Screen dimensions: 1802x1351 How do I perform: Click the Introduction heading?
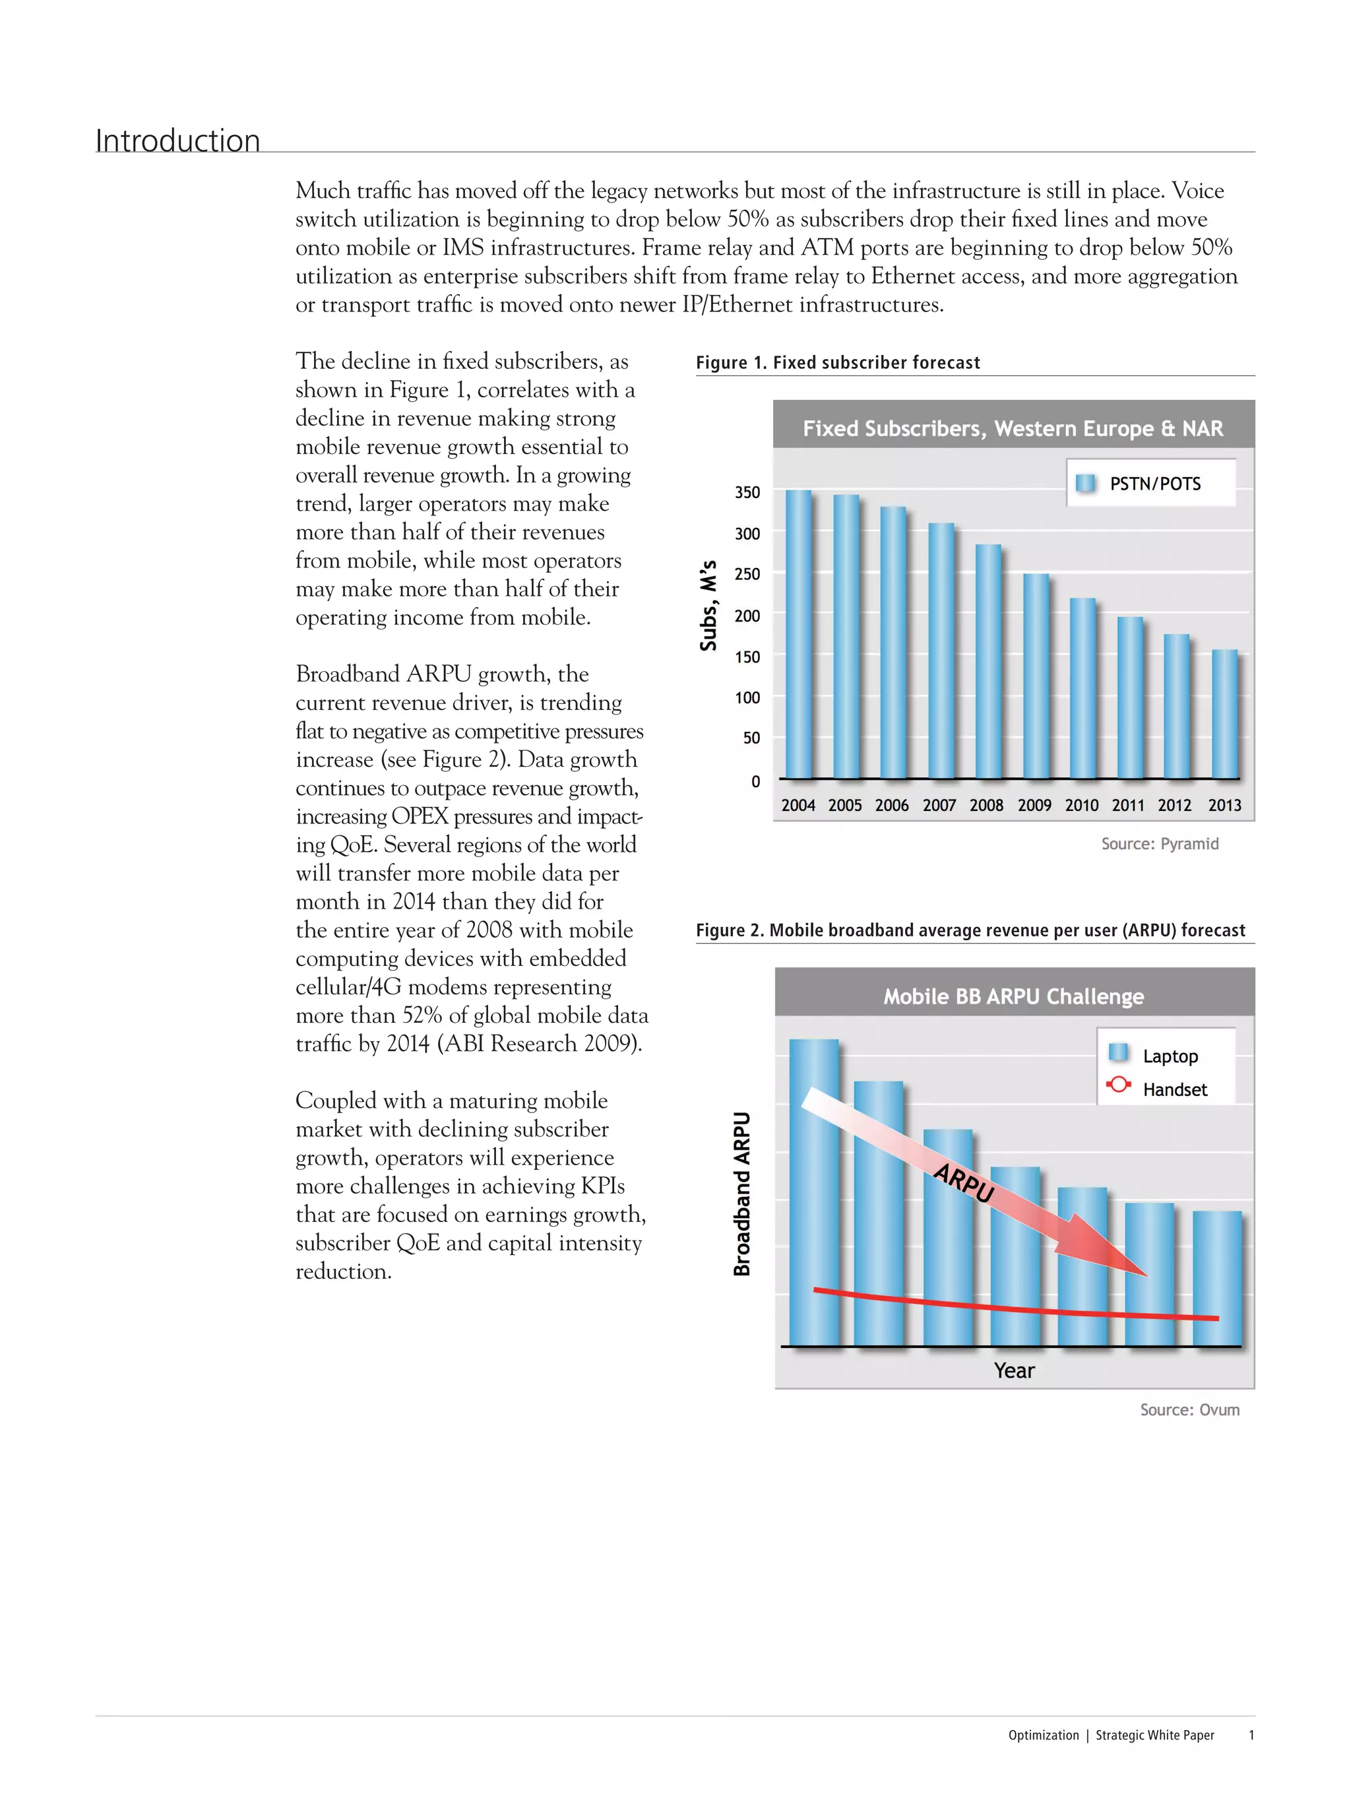(x=177, y=141)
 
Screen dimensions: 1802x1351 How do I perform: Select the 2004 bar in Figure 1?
(x=798, y=635)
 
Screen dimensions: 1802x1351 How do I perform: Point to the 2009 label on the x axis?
(x=1034, y=805)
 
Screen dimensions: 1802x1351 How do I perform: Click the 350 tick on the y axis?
(x=747, y=492)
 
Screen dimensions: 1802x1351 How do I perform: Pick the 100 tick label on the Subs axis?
(x=747, y=697)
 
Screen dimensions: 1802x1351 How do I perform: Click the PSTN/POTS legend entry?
(x=1154, y=484)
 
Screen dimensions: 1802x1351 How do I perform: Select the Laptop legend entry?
(x=1170, y=1056)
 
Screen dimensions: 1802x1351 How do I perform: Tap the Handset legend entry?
(x=1174, y=1089)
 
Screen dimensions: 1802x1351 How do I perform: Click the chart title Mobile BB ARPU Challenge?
(x=1013, y=996)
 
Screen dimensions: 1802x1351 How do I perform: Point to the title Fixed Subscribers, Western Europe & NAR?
(x=1012, y=428)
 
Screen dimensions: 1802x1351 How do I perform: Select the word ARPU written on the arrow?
(x=963, y=1183)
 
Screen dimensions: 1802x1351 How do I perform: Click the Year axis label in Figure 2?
(x=1013, y=1370)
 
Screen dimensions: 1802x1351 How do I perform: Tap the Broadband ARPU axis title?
(x=741, y=1194)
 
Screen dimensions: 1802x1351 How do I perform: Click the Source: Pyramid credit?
(x=1159, y=844)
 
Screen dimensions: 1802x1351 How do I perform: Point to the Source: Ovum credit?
(x=1189, y=1409)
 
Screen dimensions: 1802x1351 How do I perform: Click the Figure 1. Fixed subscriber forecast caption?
(x=837, y=362)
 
